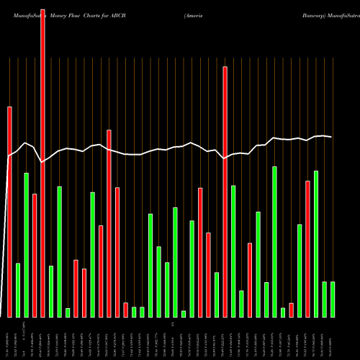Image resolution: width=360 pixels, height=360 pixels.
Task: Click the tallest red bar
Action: (x=42, y=158)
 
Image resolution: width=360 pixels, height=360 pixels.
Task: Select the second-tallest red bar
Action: (x=225, y=192)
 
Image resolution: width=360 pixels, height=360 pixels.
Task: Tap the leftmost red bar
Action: (x=9, y=212)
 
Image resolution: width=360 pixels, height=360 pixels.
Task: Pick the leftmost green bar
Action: (x=18, y=290)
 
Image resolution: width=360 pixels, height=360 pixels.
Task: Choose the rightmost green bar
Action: (x=332, y=299)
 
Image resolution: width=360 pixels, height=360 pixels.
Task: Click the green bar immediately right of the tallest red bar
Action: (x=51, y=291)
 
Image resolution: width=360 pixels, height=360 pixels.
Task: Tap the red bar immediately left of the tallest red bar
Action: (x=35, y=255)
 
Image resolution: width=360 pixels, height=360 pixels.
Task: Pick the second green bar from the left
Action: (x=26, y=245)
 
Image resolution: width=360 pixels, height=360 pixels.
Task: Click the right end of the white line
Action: (x=332, y=137)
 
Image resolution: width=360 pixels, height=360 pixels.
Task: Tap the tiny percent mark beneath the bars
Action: (x=173, y=325)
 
